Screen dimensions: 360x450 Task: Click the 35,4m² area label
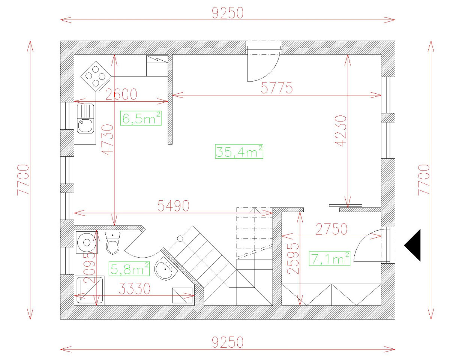(x=239, y=151)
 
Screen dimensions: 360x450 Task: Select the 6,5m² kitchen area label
(x=141, y=118)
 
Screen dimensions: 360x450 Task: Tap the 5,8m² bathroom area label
(x=130, y=269)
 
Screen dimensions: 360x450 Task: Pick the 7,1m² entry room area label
(x=330, y=258)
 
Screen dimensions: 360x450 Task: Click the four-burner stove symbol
(x=96, y=76)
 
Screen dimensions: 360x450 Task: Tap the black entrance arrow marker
(x=413, y=245)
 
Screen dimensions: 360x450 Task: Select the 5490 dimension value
(x=173, y=205)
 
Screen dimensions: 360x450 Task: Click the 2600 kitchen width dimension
(x=121, y=94)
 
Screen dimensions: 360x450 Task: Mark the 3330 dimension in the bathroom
(x=135, y=288)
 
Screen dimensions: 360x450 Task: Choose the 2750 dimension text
(x=331, y=229)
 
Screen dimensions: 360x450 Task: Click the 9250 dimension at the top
(x=228, y=13)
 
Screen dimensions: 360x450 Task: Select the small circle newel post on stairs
(x=180, y=238)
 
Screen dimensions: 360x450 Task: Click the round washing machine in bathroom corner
(x=86, y=243)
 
